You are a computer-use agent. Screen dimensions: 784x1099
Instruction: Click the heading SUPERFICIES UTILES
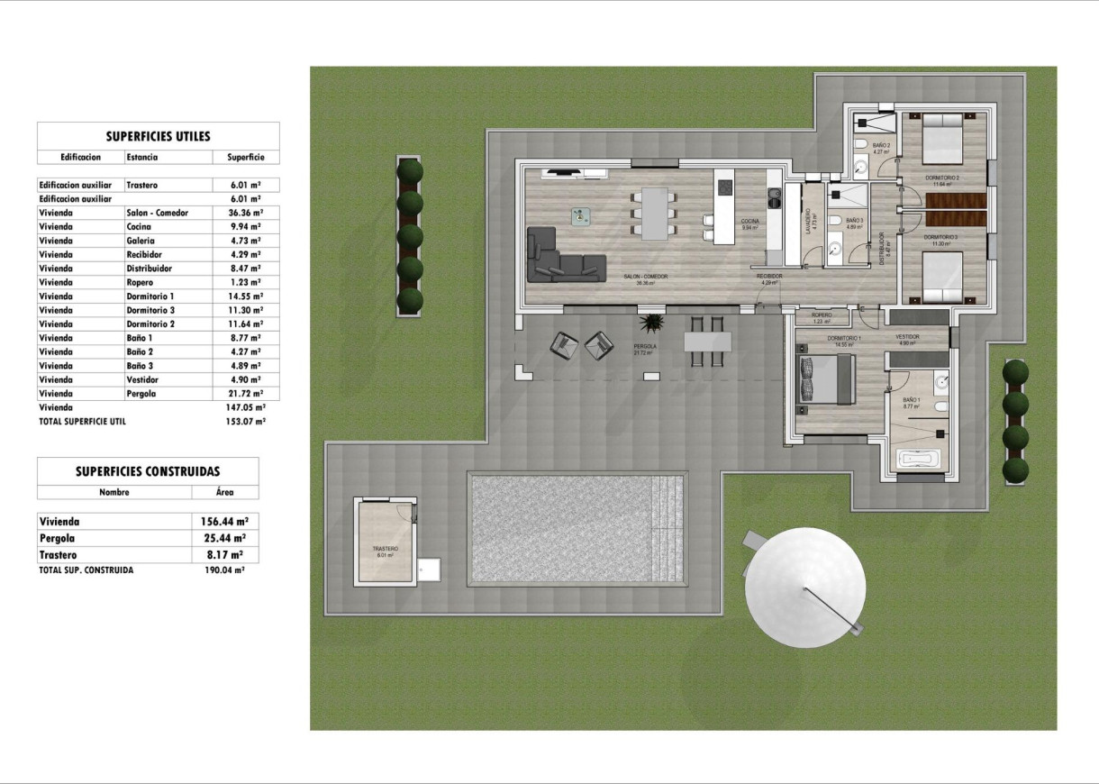(158, 136)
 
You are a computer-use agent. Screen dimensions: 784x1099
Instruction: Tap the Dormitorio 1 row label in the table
(150, 296)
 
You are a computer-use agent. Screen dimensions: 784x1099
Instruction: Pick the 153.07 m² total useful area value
(244, 421)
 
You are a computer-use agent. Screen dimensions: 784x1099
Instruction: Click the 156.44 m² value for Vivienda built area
(224, 521)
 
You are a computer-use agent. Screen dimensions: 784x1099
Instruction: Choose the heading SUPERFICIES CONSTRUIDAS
(148, 470)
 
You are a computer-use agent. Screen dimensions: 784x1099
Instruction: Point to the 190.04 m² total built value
(224, 570)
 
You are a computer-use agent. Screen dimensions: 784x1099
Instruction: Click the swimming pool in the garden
(577, 529)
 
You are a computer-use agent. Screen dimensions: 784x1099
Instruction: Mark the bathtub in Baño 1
(919, 460)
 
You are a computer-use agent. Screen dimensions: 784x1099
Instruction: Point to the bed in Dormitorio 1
(823, 378)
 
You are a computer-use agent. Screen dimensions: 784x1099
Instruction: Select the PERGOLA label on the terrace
(644, 346)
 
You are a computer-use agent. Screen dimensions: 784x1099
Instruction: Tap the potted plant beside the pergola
(650, 323)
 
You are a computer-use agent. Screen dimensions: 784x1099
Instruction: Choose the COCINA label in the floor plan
(749, 221)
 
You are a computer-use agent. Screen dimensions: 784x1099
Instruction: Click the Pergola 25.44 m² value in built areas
(224, 538)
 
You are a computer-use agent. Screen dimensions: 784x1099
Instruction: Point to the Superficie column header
(239, 157)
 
